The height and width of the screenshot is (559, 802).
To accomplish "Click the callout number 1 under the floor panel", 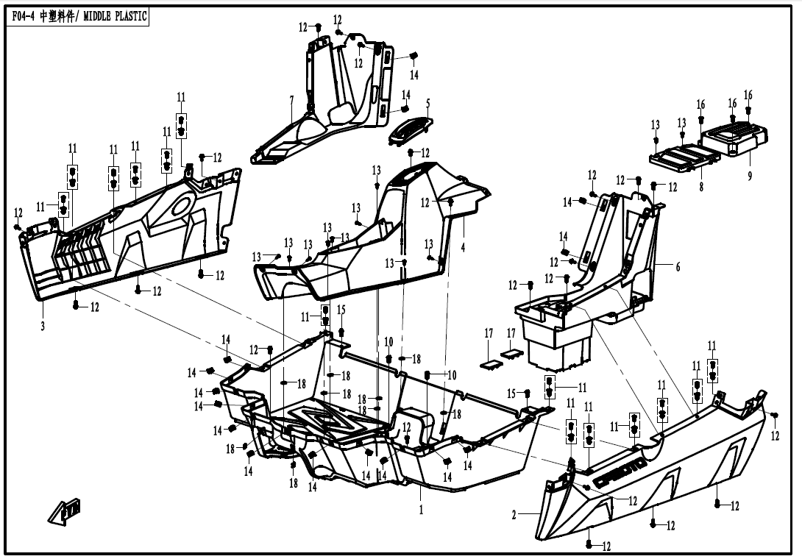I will (x=421, y=509).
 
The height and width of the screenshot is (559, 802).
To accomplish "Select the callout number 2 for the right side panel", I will (x=514, y=516).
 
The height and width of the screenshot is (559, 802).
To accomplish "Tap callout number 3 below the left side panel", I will (x=43, y=326).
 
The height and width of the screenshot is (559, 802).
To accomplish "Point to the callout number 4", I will (x=463, y=247).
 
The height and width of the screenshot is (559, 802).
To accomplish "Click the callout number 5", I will (x=428, y=103).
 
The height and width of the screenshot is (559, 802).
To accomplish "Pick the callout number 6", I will (x=678, y=267).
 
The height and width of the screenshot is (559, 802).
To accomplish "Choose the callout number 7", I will (x=291, y=99).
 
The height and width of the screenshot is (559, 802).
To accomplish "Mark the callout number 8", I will (x=701, y=187).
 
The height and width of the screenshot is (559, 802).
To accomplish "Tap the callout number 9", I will (x=749, y=177).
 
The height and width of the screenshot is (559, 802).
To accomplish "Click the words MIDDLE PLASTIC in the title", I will (x=117, y=16).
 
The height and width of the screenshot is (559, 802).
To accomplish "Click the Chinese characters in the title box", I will (x=61, y=16).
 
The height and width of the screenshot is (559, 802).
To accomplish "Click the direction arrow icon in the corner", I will (x=65, y=509).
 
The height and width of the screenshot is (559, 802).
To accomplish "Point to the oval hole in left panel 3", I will (x=180, y=207).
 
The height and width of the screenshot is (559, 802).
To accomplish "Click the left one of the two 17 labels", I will (x=489, y=333).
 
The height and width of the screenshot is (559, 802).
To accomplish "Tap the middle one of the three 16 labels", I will (x=732, y=104).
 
